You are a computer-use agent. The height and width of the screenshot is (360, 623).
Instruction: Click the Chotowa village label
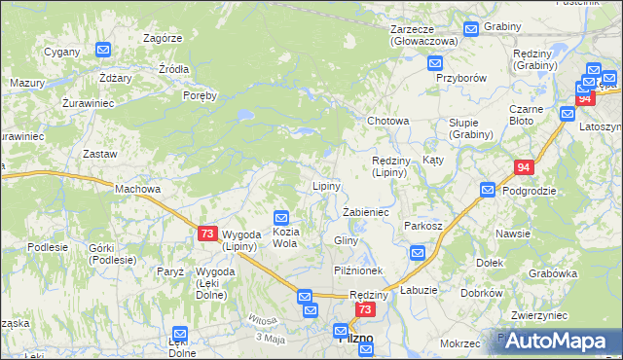387,121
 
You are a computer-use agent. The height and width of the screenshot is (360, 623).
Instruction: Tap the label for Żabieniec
366,211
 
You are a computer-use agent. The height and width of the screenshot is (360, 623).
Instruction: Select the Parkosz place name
423,226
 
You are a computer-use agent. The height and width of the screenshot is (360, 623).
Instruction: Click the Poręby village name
200,95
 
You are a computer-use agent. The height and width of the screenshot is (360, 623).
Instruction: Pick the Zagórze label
163,38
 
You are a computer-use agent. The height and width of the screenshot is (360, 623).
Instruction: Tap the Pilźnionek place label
359,270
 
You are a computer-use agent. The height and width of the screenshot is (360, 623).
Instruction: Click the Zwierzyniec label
538,315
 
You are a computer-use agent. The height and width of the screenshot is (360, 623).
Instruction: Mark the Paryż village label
170,271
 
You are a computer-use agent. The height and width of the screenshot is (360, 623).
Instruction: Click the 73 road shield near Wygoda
206,234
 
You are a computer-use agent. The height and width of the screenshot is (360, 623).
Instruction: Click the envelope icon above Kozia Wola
281,219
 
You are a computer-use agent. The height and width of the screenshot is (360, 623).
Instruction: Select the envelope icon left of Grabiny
471,28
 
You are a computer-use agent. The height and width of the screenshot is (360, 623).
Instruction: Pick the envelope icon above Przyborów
435,63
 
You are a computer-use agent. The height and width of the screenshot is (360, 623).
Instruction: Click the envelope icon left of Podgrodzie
486,190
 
